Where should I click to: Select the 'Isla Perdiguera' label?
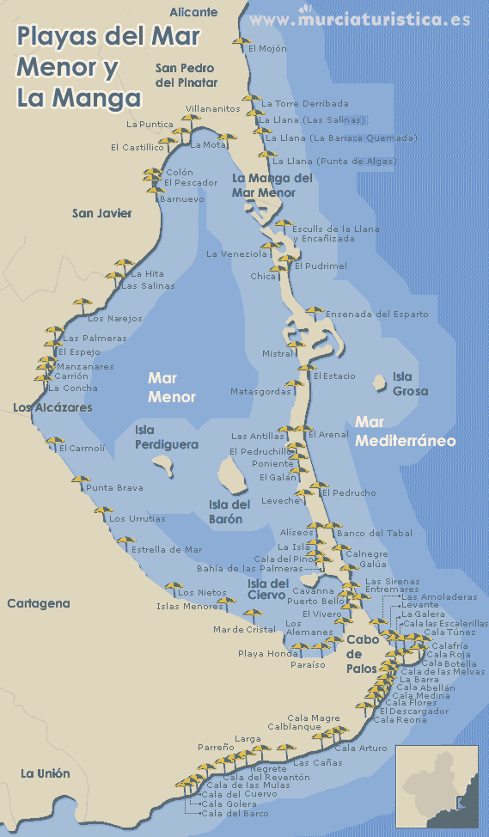tap(166, 437)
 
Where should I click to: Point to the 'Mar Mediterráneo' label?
tap(405, 432)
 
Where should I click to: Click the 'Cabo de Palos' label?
tap(364, 653)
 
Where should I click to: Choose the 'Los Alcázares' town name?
tap(52, 407)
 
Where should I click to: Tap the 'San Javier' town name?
tap(102, 213)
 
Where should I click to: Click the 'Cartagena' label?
tap(39, 603)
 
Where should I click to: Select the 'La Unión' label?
tap(46, 773)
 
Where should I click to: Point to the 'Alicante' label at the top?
tap(193, 12)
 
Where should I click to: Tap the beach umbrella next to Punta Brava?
tap(80, 483)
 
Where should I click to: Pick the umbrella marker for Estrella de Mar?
tap(125, 544)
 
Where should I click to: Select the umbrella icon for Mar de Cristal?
tap(252, 616)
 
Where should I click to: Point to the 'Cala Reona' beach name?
tap(400, 719)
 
